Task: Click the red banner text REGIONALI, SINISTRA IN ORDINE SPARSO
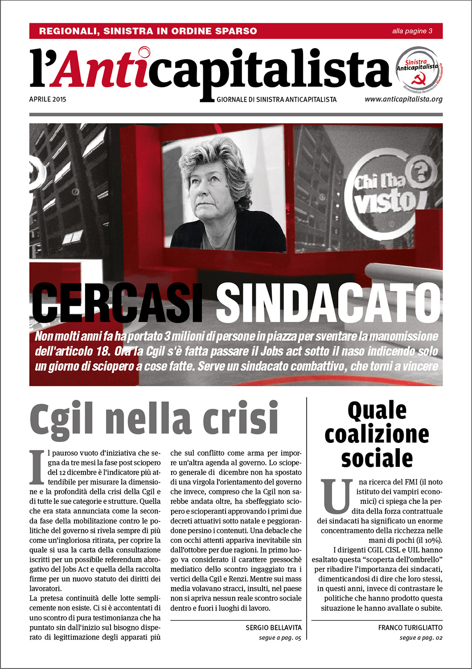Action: coord(148,31)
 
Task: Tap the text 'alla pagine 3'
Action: coord(412,31)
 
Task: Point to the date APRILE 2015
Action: coord(48,99)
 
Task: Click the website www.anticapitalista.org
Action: coord(403,99)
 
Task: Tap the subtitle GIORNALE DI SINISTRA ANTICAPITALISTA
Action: coord(276,99)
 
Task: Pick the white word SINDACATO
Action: coord(328,304)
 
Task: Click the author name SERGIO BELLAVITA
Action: coord(273,628)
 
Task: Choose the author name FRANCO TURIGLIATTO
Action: coord(410,628)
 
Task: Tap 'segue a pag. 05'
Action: coord(279,638)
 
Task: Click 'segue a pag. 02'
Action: coord(421,638)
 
